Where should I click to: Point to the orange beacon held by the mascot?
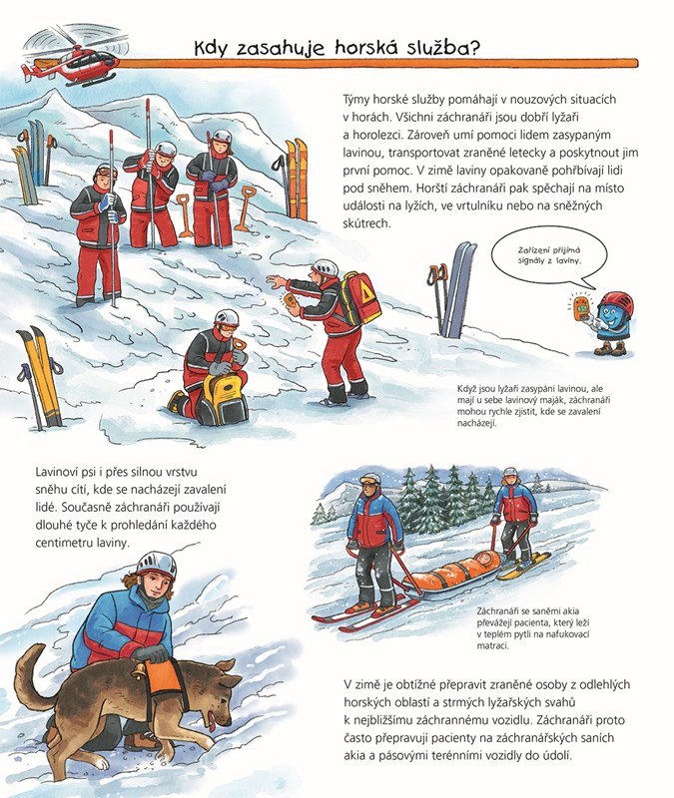[581, 308]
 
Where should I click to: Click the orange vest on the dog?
[163, 680]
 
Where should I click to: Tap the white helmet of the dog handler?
[156, 565]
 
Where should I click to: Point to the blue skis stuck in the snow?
[459, 289]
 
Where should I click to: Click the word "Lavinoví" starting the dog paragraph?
[58, 472]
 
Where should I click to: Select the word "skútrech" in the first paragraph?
[366, 223]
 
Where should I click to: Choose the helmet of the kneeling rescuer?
[227, 318]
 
